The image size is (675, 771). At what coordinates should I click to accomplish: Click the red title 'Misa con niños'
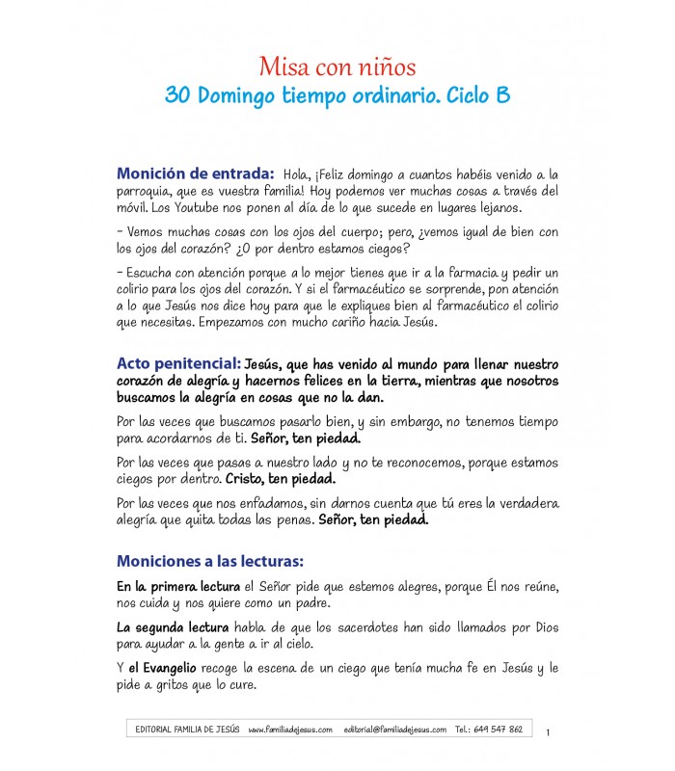tap(337, 67)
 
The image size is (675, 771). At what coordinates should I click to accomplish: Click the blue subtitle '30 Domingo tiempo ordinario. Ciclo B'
tap(337, 96)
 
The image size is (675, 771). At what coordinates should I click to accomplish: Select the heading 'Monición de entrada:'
tap(196, 173)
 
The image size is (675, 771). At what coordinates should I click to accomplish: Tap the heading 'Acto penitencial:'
tap(178, 364)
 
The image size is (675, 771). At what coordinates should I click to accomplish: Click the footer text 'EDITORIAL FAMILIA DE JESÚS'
tap(189, 730)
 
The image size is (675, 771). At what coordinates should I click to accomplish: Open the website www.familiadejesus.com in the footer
tap(290, 730)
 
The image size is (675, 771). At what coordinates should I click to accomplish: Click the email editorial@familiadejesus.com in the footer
tap(394, 730)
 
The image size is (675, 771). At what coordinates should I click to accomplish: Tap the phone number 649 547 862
tap(501, 730)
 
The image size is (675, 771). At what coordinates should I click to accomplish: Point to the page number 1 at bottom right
tap(548, 733)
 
